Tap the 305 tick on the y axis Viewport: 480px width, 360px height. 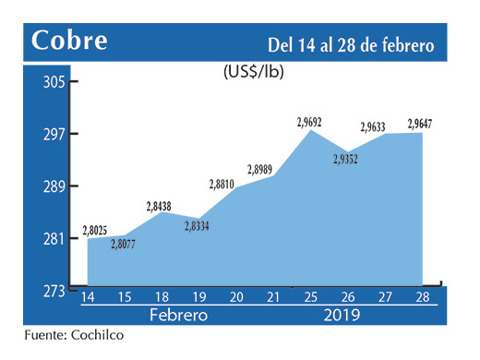coord(54,82)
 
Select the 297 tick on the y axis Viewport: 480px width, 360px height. coord(54,135)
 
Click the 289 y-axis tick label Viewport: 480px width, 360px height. coord(54,186)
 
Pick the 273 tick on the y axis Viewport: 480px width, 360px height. coord(54,292)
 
